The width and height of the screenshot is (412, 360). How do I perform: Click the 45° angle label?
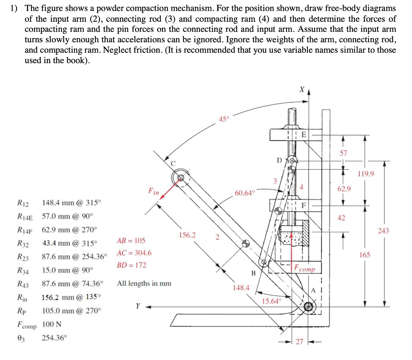(x=224, y=119)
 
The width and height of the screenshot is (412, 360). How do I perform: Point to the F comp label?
(x=305, y=268)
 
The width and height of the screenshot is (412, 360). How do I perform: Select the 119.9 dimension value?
(x=365, y=174)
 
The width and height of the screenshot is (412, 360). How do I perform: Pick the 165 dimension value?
(x=365, y=255)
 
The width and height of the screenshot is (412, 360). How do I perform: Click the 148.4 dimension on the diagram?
(x=241, y=288)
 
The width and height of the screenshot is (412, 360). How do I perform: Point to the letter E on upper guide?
(x=304, y=135)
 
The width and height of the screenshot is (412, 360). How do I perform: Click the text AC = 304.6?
(x=134, y=253)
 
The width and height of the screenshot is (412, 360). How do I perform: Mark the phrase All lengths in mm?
(x=144, y=283)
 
